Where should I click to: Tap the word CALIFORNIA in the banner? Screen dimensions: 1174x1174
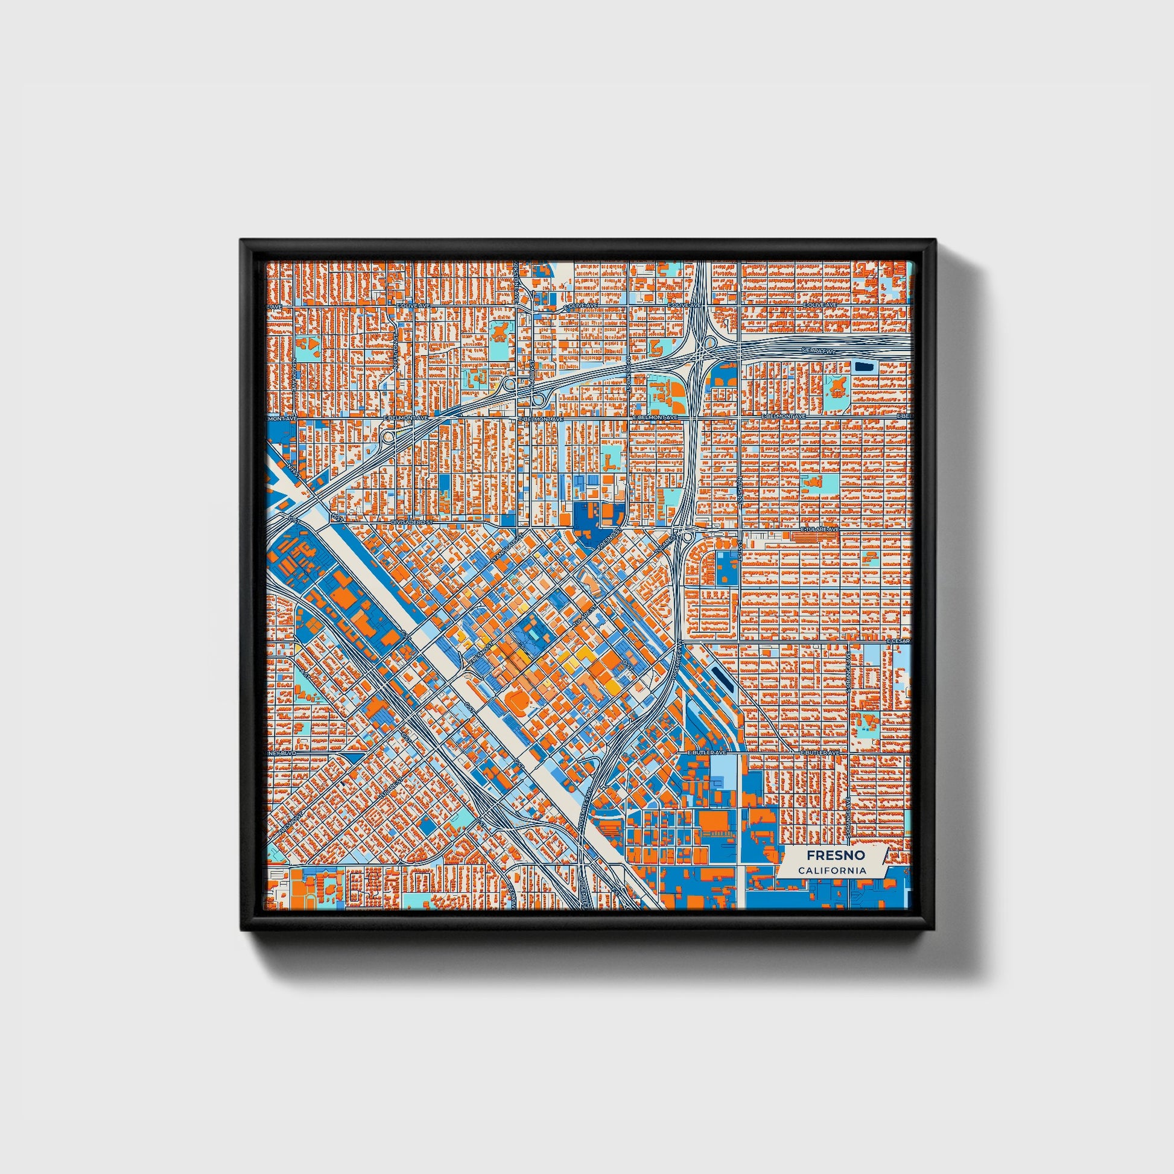point(832,871)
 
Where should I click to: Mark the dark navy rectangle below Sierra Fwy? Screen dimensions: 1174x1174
point(861,366)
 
